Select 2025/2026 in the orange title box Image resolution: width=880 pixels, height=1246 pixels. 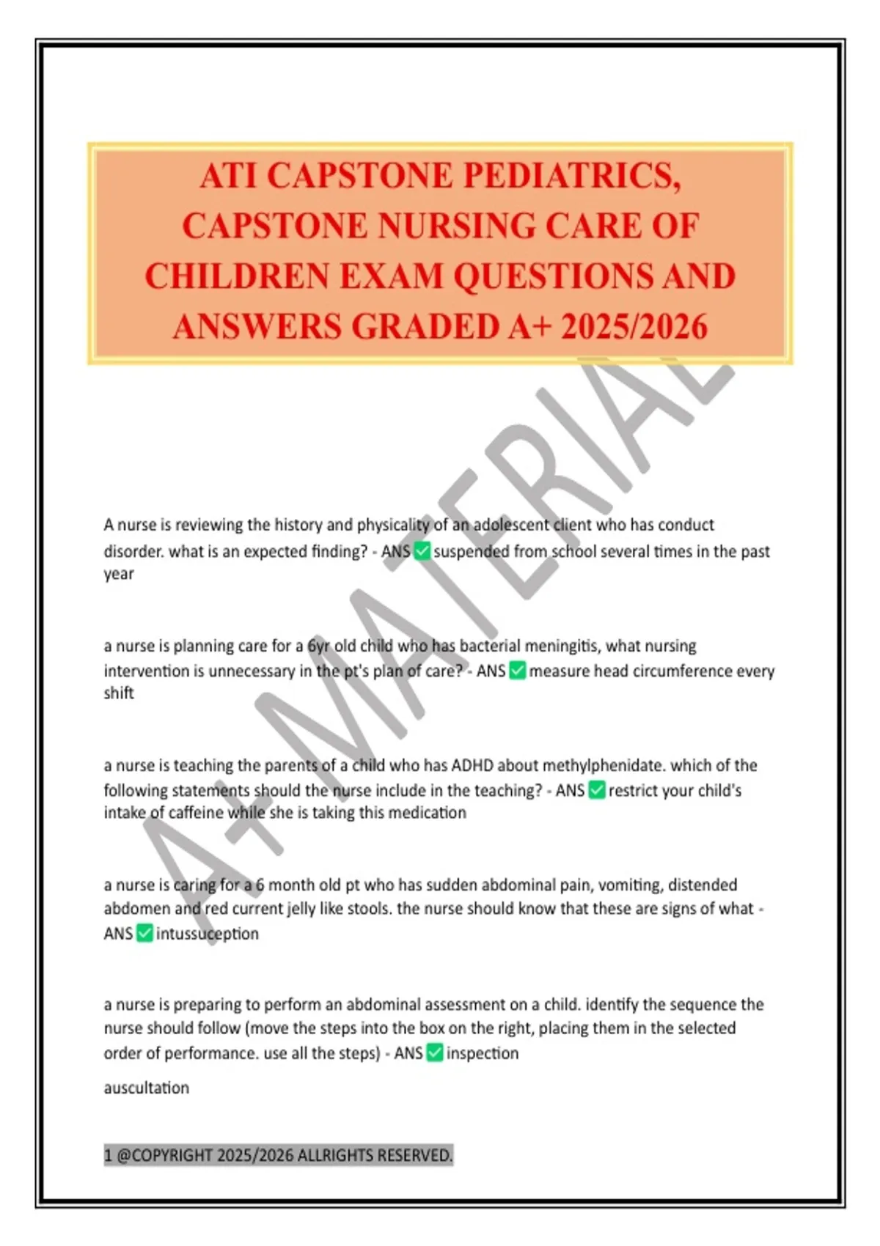point(634,327)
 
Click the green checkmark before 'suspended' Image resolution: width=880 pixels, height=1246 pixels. point(422,551)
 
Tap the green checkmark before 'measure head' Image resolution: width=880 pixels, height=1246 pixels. point(518,671)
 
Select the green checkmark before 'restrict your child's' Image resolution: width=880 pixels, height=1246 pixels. point(597,790)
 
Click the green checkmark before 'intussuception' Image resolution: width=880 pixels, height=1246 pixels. point(144,933)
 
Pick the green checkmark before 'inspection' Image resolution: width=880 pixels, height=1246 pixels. point(435,1053)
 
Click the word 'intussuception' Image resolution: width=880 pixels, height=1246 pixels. point(208,934)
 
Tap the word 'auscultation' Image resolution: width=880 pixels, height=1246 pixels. point(147,1088)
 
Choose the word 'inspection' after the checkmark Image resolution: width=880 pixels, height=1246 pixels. point(483,1053)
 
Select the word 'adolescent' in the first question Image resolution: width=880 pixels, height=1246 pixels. point(510,525)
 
